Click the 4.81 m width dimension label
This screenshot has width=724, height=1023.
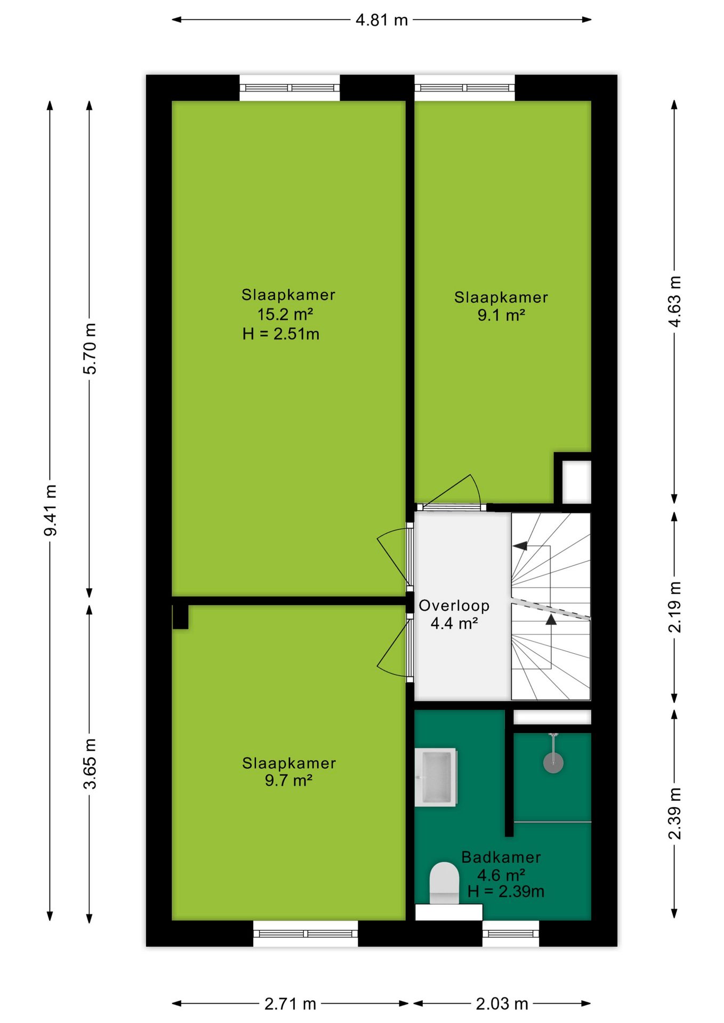point(381,20)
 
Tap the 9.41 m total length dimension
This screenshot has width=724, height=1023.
point(50,510)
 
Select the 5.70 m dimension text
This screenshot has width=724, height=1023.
point(90,348)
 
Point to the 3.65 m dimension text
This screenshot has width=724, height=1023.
point(90,764)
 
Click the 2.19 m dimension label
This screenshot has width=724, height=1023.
point(674,607)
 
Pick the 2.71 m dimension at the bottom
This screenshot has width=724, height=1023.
point(291,1004)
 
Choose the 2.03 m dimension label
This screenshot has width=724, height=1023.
point(502,1004)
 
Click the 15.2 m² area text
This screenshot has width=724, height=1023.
point(285,314)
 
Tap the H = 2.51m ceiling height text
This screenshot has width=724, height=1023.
point(281,334)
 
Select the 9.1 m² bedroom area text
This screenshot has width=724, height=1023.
point(501,315)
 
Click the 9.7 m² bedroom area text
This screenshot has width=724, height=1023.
point(288,781)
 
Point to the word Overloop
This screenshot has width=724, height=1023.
point(454,606)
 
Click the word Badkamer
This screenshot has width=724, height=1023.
point(501,857)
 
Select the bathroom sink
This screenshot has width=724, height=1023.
point(436,777)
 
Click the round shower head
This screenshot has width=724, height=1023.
point(553,762)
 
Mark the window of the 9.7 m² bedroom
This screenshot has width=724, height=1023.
point(305,933)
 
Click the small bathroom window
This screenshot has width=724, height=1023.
point(511,933)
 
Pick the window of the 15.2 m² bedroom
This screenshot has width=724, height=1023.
point(289,87)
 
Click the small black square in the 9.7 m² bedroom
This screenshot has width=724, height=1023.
point(180,617)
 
